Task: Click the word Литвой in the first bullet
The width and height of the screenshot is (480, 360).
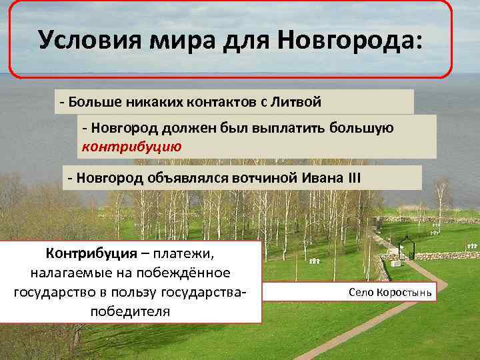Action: (296, 103)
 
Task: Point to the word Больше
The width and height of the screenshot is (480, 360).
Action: (89, 103)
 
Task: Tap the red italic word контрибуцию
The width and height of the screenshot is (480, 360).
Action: (131, 145)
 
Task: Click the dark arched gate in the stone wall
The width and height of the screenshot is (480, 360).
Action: (406, 248)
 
